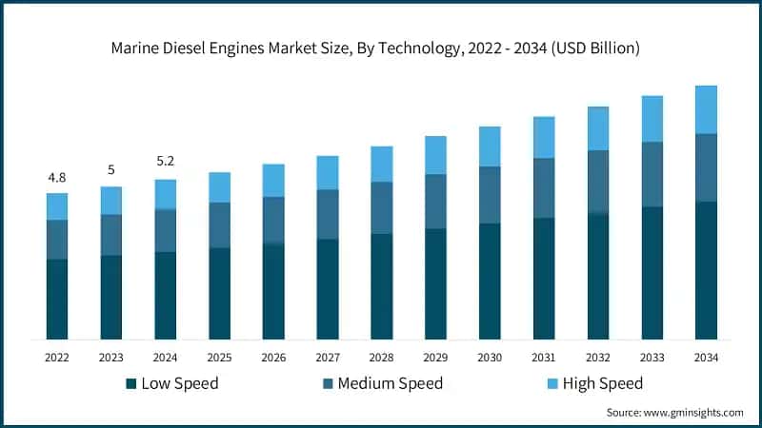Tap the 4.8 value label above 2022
57,178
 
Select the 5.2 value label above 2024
166,162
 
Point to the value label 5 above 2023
111,170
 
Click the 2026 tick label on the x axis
274,358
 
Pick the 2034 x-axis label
706,358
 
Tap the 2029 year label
435,358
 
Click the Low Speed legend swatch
130,384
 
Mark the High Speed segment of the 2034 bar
706,109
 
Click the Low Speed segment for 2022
57,299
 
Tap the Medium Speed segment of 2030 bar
490,195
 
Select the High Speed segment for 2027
328,172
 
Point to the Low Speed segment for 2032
598,277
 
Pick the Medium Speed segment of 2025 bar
220,224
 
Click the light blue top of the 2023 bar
111,200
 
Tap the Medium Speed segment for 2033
652,174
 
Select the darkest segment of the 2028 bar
382,286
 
